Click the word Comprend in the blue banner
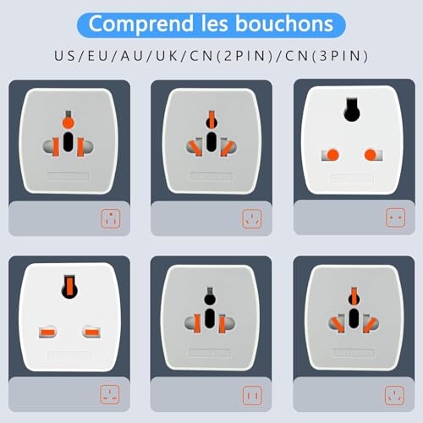(141, 25)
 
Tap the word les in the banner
(215, 24)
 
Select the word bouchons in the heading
(284, 24)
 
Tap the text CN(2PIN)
(231, 56)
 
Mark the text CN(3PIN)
(327, 56)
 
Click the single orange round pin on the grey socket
(68, 123)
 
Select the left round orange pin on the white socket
(332, 155)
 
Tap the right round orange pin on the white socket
(371, 155)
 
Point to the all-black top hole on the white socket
(352, 110)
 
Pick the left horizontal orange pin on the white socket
(47, 332)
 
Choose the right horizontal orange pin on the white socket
(92, 332)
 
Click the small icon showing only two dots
(396, 217)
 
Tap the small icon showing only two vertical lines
(252, 396)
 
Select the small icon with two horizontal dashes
(110, 394)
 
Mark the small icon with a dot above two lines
(111, 218)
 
